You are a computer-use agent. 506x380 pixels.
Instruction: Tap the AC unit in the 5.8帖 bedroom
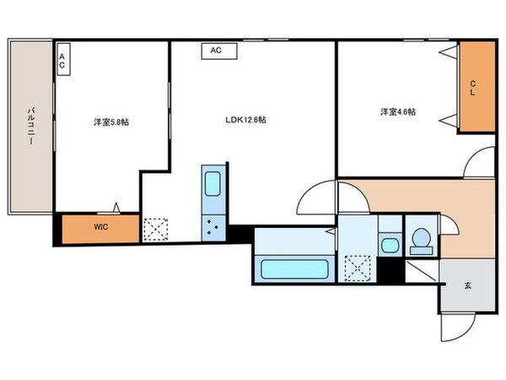click(x=62, y=61)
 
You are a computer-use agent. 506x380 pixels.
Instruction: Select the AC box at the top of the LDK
click(x=216, y=51)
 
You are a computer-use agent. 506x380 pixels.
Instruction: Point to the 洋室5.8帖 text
click(x=111, y=122)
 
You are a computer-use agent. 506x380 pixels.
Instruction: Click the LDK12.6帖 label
click(x=245, y=120)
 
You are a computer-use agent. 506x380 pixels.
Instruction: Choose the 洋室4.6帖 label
click(x=397, y=111)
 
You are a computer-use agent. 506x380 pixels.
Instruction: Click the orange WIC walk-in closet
click(x=100, y=227)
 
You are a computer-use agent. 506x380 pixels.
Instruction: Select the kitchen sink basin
click(x=213, y=184)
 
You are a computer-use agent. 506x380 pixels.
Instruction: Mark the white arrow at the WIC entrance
click(x=117, y=206)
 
